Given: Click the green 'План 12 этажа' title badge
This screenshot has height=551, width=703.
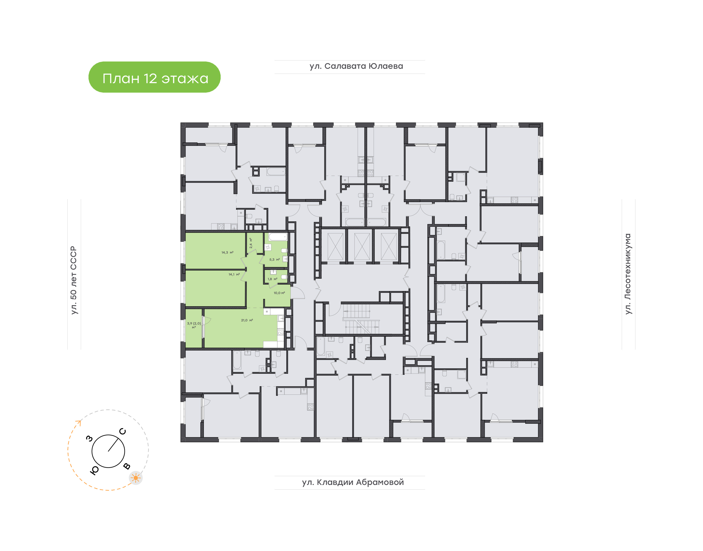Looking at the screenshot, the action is [154, 77].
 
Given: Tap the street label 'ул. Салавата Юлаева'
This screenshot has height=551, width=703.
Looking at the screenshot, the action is [356, 66].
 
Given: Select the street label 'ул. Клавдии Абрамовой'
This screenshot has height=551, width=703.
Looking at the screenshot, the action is [353, 482].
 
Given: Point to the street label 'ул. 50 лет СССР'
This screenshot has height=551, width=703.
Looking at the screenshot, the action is [74, 280].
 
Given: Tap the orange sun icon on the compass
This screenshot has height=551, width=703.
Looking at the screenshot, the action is [136, 478].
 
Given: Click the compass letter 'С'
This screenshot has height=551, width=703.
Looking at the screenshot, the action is [123, 431].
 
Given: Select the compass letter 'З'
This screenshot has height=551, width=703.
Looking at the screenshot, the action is [89, 438].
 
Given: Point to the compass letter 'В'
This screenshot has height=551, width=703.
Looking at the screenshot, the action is [127, 466].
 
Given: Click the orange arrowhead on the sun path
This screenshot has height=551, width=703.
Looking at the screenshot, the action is [78, 422].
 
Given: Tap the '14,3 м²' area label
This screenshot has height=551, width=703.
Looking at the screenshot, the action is [227, 253].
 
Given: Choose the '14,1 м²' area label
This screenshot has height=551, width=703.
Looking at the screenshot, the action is [234, 275].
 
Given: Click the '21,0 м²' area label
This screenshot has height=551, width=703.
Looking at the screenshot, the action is [247, 320].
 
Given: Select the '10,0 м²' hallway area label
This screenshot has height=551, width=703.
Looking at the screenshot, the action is [279, 293].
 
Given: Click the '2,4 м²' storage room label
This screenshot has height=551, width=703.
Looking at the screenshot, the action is [251, 243].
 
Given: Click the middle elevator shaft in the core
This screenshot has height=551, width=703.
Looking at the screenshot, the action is [362, 246].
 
